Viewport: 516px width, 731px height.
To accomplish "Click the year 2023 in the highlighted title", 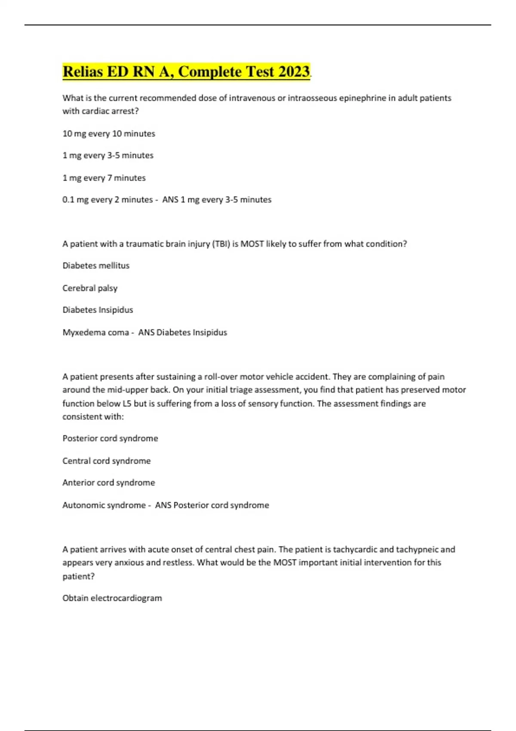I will (x=294, y=71).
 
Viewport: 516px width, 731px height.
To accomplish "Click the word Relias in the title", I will (x=83, y=71).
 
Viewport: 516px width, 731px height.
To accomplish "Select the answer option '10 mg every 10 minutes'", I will (x=109, y=134).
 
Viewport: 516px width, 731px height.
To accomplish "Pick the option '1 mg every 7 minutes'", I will (x=104, y=178).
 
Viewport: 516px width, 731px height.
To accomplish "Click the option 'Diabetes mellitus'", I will (x=96, y=266).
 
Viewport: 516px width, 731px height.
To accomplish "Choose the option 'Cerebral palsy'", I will (x=90, y=288).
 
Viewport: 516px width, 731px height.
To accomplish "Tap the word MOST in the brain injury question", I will (x=252, y=244).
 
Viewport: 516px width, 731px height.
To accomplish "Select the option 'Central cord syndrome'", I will (x=107, y=461).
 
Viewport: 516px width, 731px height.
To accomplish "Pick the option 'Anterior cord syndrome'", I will (x=109, y=483).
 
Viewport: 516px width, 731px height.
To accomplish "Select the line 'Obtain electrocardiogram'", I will (x=112, y=598).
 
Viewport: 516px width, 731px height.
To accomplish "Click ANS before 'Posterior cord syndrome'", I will (x=163, y=505).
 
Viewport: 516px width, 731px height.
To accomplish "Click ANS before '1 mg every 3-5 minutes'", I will (x=170, y=200).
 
